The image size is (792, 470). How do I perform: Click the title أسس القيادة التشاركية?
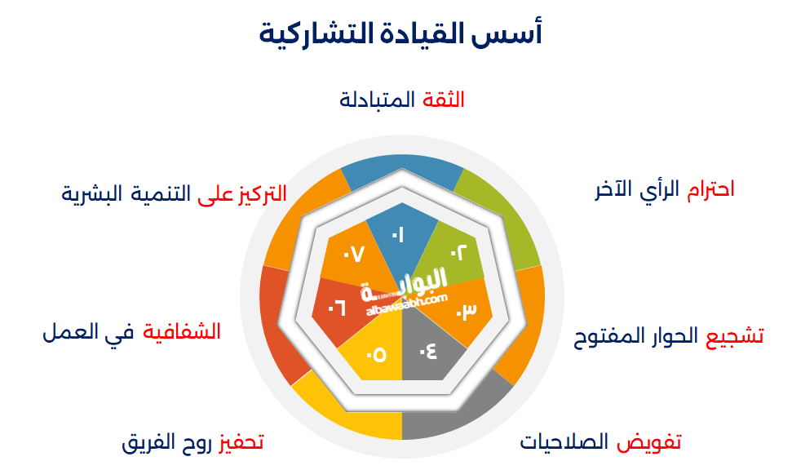click(x=400, y=35)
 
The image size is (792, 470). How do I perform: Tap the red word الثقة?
click(x=444, y=100)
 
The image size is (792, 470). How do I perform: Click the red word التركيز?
click(x=261, y=194)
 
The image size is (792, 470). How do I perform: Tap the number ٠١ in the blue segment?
click(x=398, y=237)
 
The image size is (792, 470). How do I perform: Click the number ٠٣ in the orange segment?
click(x=465, y=311)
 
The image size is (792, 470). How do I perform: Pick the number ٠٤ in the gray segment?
click(x=428, y=352)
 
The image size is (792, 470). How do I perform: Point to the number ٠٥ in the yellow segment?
click(x=376, y=354)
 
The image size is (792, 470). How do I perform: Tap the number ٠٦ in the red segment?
click(x=337, y=308)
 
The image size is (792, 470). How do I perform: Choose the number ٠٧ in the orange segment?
click(x=352, y=255)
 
